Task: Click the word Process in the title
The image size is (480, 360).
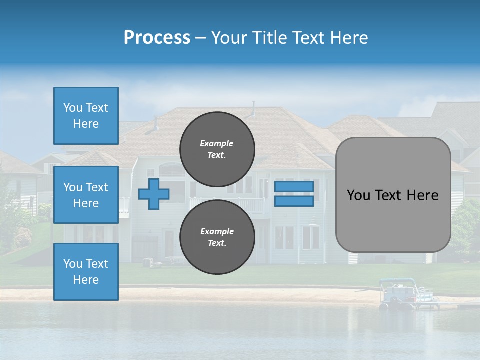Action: tap(157, 38)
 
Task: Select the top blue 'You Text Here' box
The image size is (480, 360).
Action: tap(86, 116)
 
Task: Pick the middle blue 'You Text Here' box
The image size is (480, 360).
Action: tap(86, 195)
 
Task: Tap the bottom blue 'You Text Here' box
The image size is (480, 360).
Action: tap(86, 272)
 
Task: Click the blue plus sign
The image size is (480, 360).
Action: tap(153, 194)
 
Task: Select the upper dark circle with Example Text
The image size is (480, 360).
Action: tap(217, 149)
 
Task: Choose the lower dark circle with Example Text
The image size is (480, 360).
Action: tap(217, 237)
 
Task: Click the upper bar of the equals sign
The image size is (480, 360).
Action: tap(294, 186)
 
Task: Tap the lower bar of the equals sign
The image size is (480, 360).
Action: tap(294, 201)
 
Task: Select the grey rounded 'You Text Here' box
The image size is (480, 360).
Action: tap(393, 195)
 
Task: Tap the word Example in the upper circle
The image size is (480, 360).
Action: tap(217, 143)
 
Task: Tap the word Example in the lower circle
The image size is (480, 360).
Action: tap(217, 231)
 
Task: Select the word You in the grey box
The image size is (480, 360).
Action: tap(358, 195)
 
